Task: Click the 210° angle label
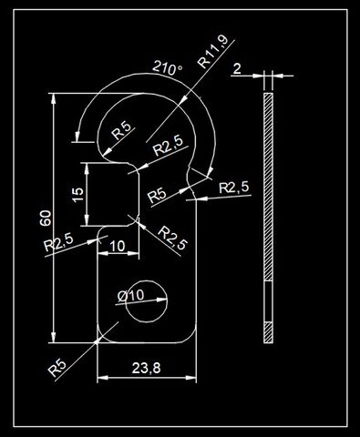pyautogui.click(x=168, y=68)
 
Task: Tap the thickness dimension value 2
pyautogui.click(x=237, y=68)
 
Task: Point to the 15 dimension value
pyautogui.click(x=78, y=194)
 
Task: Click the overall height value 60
pyautogui.click(x=46, y=218)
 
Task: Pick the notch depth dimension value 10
pyautogui.click(x=117, y=246)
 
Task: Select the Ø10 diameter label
pyautogui.click(x=130, y=296)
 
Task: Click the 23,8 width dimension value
pyautogui.click(x=146, y=368)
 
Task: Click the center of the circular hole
pyautogui.click(x=147, y=301)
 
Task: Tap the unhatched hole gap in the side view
pyautogui.click(x=268, y=301)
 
